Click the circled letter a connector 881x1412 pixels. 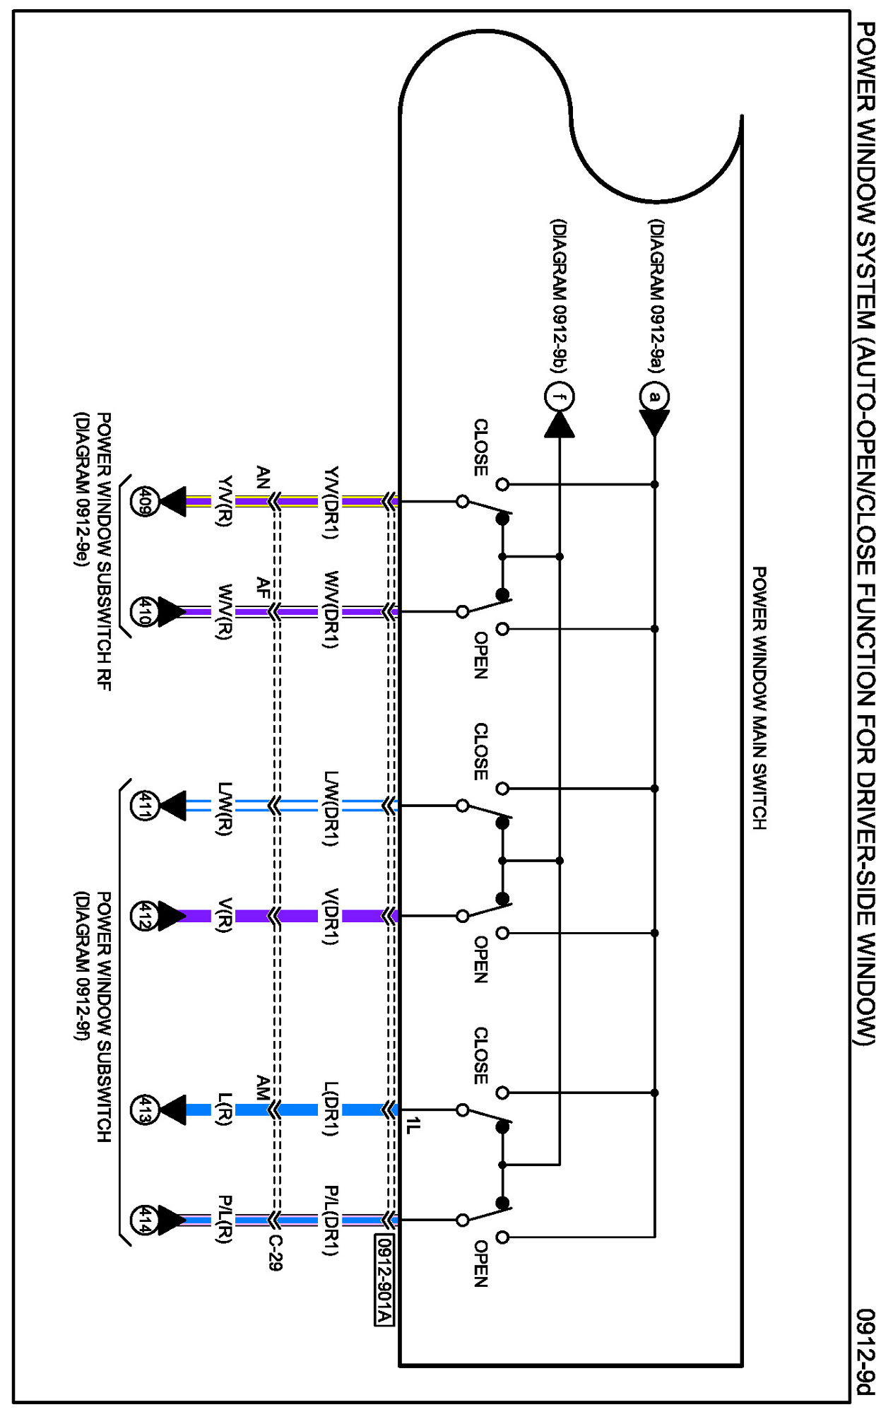655,396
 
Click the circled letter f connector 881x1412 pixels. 560,396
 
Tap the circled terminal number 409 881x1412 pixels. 144,502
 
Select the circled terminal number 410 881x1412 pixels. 144,612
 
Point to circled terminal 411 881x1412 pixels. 144,806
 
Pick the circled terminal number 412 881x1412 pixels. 144,916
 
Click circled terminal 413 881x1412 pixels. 144,1110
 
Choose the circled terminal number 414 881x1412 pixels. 144,1220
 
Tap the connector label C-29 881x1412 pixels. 276,1252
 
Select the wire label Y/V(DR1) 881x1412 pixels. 331,502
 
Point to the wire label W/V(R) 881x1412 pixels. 225,612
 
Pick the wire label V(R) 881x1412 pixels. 225,916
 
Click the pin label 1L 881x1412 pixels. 413,1125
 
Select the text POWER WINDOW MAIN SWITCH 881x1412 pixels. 759,698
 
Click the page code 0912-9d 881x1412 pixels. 865,1353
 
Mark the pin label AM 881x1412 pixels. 263,1088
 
